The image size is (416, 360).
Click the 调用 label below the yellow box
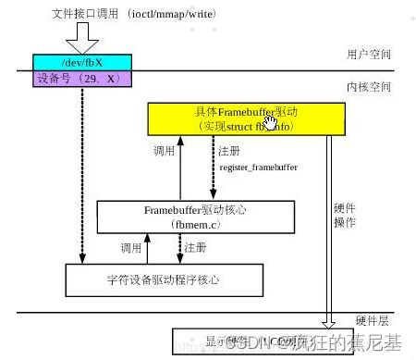click(x=164, y=151)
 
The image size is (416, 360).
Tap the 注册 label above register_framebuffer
click(x=230, y=151)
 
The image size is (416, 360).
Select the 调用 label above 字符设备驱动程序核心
click(x=130, y=248)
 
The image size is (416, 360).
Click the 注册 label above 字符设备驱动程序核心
click(x=195, y=248)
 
